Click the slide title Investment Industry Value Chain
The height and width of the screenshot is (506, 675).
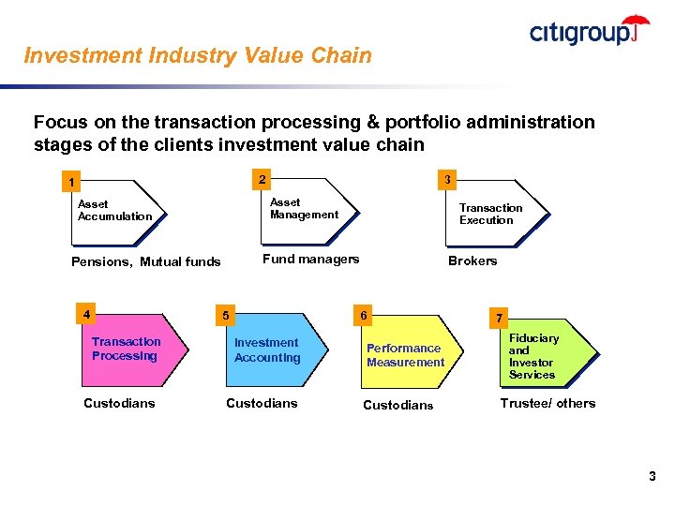[198, 55]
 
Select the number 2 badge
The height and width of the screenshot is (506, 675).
[262, 179]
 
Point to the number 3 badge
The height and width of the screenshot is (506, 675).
[448, 179]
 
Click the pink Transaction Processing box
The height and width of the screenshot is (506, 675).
[130, 350]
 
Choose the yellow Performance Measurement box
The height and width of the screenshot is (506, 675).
[405, 355]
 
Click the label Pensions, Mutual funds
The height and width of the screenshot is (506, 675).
[146, 261]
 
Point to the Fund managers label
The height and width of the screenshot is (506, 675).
[310, 260]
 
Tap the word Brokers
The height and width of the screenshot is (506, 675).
[472, 260]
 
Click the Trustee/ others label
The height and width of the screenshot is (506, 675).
[547, 403]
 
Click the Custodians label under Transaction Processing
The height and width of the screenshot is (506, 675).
[119, 403]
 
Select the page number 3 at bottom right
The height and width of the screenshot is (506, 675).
[652, 477]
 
